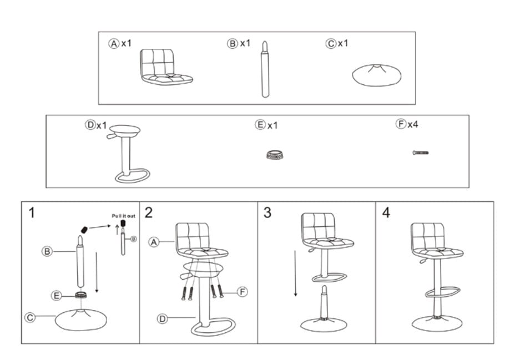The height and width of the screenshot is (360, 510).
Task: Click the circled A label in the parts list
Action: point(114,43)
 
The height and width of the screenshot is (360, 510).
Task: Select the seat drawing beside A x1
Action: point(166,67)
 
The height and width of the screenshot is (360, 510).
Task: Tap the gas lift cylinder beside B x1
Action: point(266,70)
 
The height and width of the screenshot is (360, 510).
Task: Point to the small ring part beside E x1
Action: point(271,154)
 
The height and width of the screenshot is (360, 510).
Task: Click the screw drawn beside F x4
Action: point(420,152)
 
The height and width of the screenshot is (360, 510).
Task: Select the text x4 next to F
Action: point(413,124)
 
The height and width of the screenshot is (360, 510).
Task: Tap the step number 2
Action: point(149,212)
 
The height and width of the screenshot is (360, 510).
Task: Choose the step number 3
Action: point(267,212)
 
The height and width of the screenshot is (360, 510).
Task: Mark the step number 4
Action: point(386,212)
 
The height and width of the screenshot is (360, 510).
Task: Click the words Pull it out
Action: point(123,215)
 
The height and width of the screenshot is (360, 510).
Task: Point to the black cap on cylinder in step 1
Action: point(84,229)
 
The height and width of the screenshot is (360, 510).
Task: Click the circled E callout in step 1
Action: point(57,296)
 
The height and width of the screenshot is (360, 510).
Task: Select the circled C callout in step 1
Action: point(31,317)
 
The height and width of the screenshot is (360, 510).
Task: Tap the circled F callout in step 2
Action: point(242,291)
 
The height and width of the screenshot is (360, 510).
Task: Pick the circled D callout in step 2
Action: point(163,318)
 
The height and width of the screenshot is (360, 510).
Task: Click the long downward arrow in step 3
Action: point(295,272)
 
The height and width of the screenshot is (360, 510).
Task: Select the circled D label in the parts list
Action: point(90,125)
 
